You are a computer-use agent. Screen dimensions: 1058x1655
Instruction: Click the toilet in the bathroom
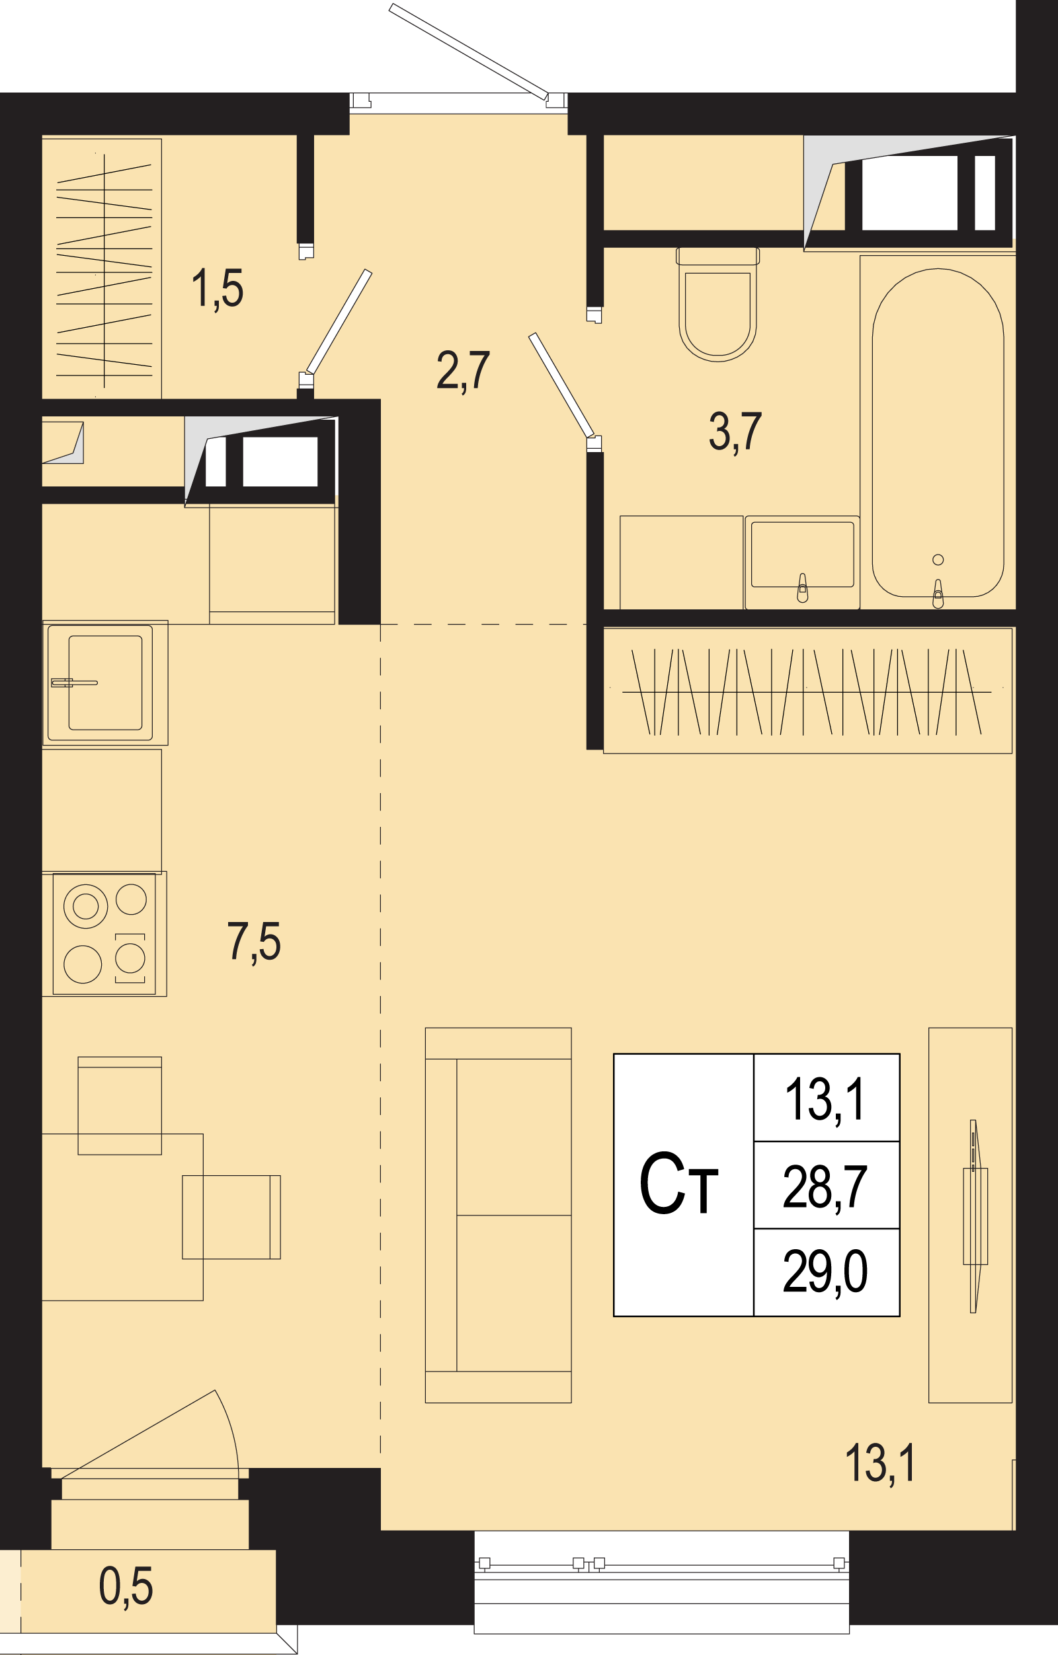coord(717,304)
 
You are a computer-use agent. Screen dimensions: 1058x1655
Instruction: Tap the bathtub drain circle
coord(938,559)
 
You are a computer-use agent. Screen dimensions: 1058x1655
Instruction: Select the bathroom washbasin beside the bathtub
coord(802,562)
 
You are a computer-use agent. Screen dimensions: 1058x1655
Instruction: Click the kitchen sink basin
coord(105,683)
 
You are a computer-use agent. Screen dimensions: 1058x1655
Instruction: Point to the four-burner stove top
coord(104,934)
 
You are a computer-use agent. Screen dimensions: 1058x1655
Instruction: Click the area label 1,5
coord(218,288)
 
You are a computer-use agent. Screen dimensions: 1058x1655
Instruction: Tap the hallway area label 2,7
coord(464,370)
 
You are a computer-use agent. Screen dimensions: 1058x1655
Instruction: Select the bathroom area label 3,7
coord(735,432)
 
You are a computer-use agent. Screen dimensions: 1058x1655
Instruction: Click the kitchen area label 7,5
coord(254,941)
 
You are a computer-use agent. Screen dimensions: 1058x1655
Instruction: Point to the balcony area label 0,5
coord(126,1586)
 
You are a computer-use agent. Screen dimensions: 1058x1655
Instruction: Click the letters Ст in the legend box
coord(678,1184)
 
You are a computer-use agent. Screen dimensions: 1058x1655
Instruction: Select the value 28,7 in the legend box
coord(825,1187)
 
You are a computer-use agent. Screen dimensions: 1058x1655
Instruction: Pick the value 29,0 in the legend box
coord(825,1272)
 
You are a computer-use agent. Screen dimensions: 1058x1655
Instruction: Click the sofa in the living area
coord(499,1214)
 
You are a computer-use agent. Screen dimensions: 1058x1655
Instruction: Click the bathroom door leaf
coord(561,385)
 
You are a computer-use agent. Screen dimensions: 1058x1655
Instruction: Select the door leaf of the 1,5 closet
coord(339,322)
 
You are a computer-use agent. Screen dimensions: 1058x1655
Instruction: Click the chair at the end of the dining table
coord(120,1106)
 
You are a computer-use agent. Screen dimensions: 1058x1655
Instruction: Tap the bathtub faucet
coord(938,594)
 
